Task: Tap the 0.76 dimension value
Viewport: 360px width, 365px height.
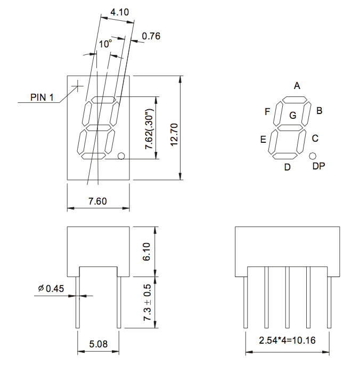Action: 151,36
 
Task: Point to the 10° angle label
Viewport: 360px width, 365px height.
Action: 105,44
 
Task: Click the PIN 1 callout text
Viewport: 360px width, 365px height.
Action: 42,97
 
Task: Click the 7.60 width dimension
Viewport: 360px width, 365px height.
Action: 97,201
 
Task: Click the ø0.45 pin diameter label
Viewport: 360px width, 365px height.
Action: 51,289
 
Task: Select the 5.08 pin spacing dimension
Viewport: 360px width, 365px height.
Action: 98,344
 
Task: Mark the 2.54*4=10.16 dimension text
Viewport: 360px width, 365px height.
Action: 287,340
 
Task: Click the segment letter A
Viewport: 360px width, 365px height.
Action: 297,85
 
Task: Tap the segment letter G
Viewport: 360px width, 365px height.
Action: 292,115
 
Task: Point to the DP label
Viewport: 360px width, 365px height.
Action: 318,166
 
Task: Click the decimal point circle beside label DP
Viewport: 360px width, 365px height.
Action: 313,156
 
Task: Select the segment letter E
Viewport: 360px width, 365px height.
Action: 263,140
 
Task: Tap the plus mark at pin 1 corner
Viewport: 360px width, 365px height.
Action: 78,85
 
